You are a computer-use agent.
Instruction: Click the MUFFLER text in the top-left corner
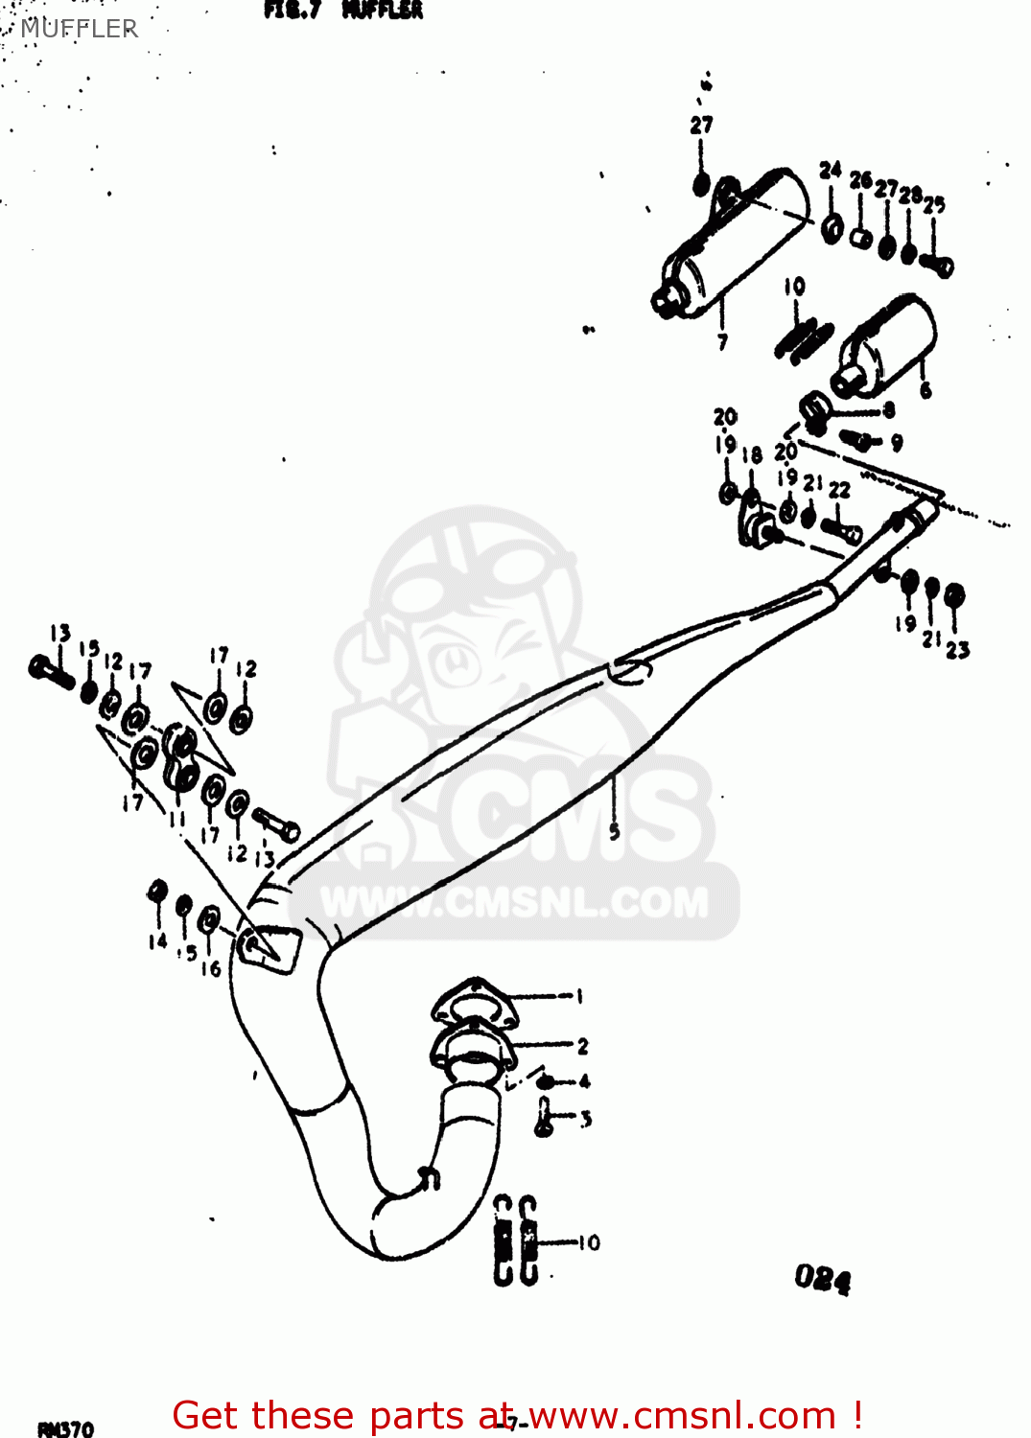pos(79,29)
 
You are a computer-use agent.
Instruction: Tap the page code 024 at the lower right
pos(822,1278)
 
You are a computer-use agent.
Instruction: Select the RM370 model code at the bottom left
pos(65,1428)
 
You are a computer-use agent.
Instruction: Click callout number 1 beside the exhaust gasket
pos(579,996)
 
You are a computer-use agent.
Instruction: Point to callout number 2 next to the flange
pos(582,1046)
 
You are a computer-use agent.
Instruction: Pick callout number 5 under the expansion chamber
pos(614,831)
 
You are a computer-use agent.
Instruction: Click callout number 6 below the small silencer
pos(925,389)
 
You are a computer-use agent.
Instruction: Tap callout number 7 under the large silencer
pos(722,340)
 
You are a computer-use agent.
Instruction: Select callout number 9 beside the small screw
pos(897,442)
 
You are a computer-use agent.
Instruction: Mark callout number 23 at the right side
pos(957,650)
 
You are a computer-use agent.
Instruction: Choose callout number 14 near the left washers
pos(157,941)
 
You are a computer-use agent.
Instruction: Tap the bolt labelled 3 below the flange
pos(545,1118)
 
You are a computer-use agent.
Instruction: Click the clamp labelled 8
pos(814,410)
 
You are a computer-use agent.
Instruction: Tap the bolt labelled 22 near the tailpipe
pos(842,529)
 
